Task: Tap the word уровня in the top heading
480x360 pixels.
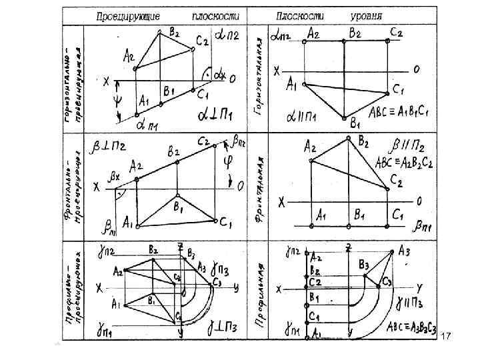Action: click(367, 15)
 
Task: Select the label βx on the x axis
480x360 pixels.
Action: click(115, 178)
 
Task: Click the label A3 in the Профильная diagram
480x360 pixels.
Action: click(404, 251)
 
